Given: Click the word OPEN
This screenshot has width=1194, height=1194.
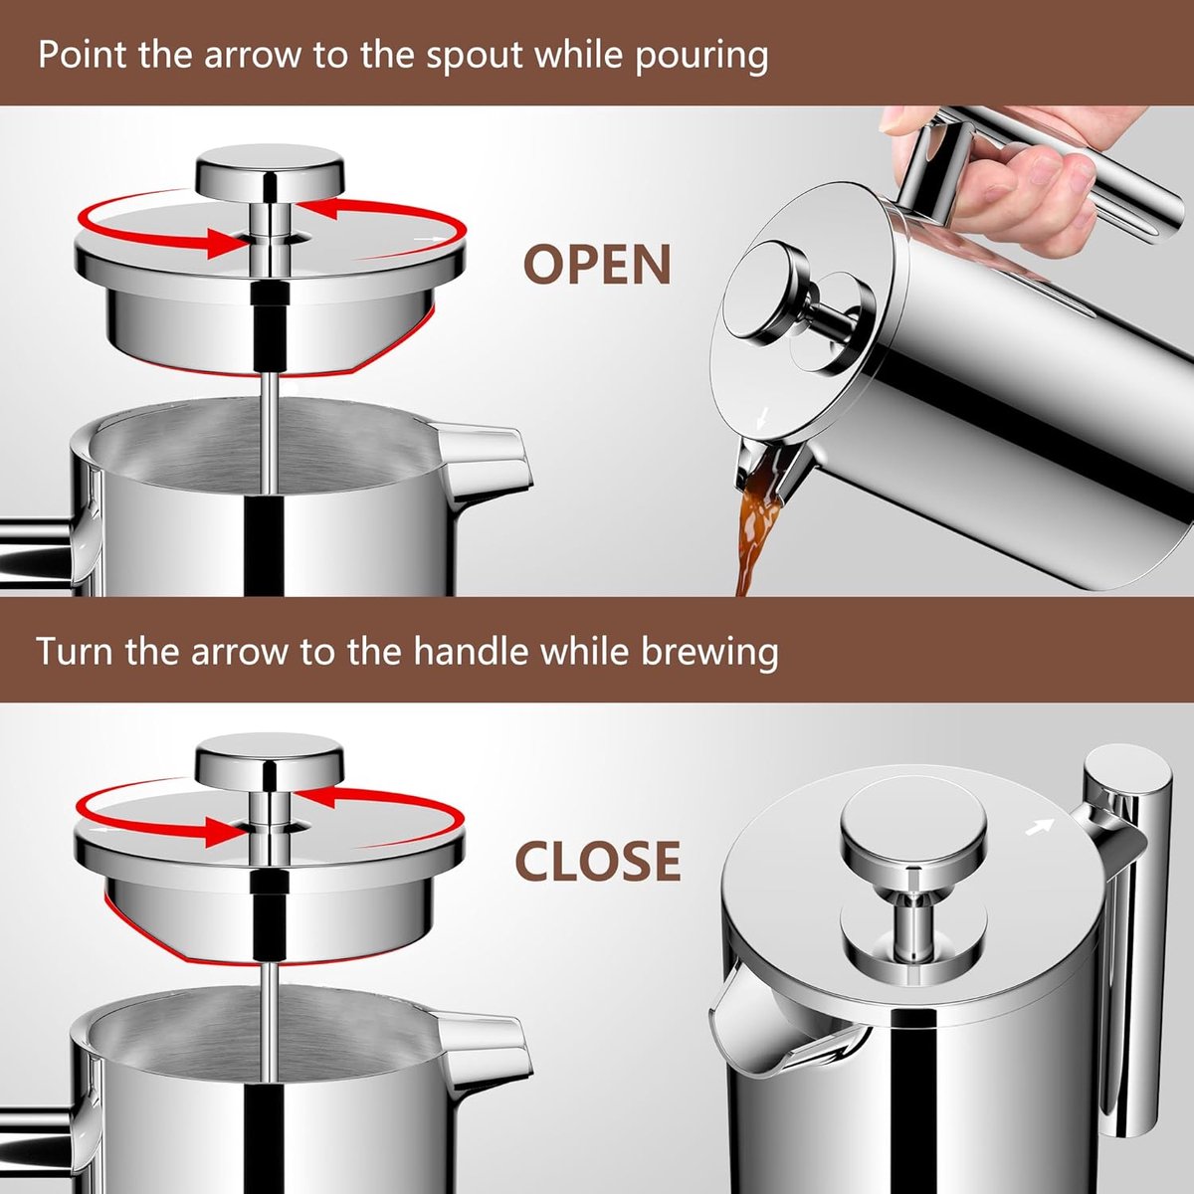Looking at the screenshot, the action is click(x=597, y=264).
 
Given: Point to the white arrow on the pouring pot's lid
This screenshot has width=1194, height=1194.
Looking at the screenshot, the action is click(x=763, y=416).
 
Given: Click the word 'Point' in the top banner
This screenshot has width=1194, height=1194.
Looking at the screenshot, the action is click(x=84, y=56).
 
